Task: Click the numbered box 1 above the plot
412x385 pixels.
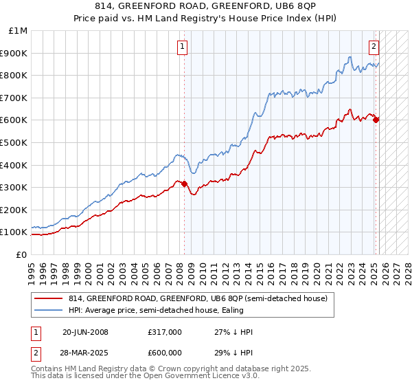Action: pos(183,47)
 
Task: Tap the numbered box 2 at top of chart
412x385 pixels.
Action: pos(374,47)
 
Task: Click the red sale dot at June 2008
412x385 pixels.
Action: pos(185,184)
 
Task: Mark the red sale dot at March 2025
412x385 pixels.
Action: pos(376,120)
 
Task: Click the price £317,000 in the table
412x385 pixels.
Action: pos(164,332)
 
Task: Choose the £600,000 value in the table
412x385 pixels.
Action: pos(164,353)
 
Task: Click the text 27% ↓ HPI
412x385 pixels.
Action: pos(234,332)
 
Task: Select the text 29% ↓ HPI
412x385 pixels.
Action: pos(234,353)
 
